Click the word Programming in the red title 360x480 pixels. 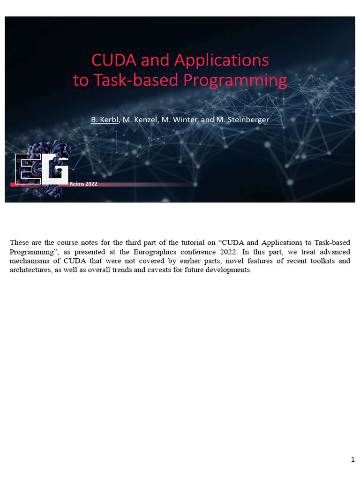point(235,81)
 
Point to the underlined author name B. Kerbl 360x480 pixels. point(105,120)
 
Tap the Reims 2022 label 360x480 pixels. point(83,184)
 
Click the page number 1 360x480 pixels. point(352,459)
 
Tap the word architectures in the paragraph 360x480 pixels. point(29,270)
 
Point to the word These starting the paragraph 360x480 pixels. point(19,242)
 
